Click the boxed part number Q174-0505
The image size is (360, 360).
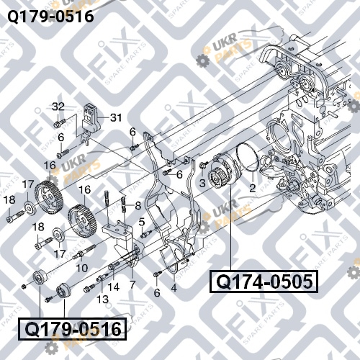(264, 282)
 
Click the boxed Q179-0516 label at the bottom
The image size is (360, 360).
(73, 329)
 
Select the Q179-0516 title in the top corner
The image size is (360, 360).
(50, 17)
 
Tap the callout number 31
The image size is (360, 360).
(116, 117)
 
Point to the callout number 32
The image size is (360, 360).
(58, 107)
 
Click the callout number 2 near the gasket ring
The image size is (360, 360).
(252, 188)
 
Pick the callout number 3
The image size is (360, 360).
(202, 184)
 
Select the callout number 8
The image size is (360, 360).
(138, 206)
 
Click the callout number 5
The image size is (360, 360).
(142, 222)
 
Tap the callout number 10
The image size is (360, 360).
(81, 268)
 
